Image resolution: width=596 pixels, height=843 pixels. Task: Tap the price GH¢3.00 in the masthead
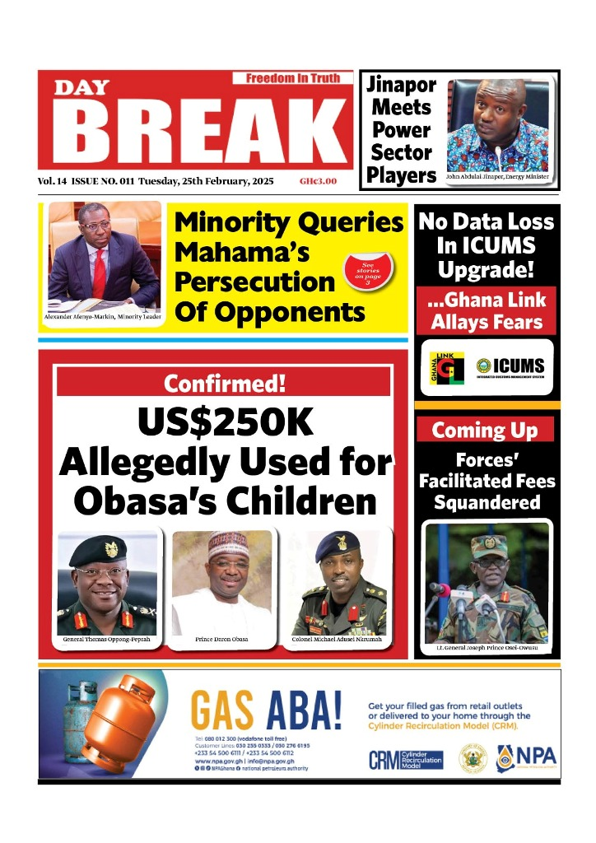(x=318, y=181)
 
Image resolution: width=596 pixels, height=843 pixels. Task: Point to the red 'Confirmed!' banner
(x=223, y=383)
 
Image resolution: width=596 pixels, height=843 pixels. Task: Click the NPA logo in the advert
(x=526, y=756)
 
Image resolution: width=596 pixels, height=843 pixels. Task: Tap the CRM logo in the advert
(x=405, y=759)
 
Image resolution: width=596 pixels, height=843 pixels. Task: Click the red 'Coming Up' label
(x=485, y=430)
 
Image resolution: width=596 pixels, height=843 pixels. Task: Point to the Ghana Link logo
(x=447, y=366)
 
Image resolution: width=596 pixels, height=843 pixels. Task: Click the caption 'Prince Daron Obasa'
(x=221, y=639)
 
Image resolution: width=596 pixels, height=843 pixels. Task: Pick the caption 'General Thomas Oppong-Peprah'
(x=107, y=639)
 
